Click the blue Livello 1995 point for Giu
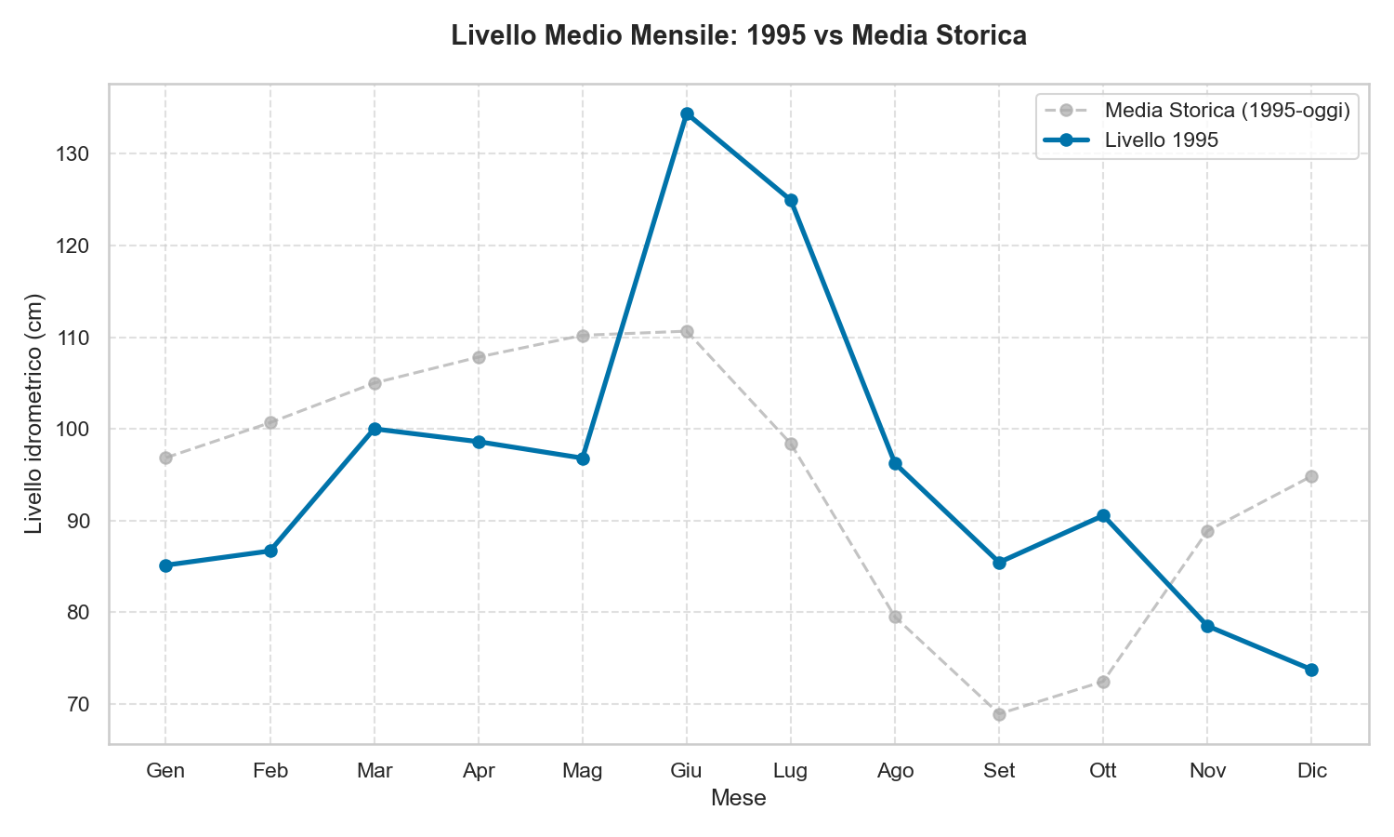tap(687, 114)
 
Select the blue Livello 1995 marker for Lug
tap(791, 200)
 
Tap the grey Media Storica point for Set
tap(999, 714)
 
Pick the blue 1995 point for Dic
tap(1311, 670)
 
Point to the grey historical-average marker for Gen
tap(165, 458)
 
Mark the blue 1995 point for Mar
tap(375, 429)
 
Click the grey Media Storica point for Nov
tap(1207, 531)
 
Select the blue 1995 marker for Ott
tap(1103, 515)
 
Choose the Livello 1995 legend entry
tap(1162, 139)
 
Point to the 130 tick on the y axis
tap(74, 153)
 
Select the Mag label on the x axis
tap(583, 771)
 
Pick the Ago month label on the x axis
tap(895, 771)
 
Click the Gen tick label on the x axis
tap(165, 771)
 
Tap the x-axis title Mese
tap(738, 798)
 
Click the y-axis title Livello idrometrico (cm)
tap(34, 414)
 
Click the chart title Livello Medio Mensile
tap(738, 36)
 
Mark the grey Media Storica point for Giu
tap(687, 331)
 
